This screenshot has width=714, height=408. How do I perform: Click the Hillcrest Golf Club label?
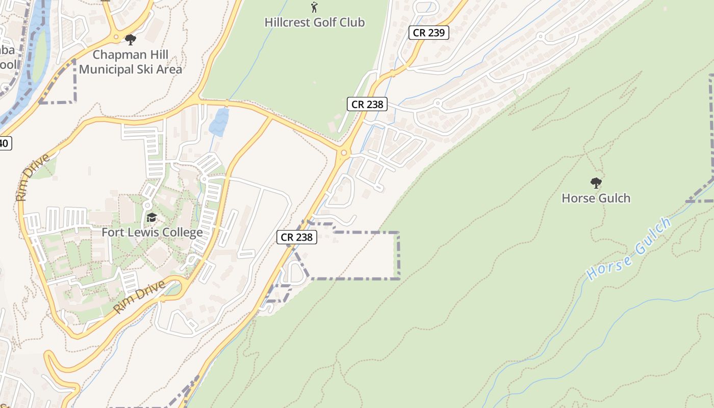[x=315, y=22]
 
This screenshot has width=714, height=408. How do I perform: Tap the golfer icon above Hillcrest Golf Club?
[x=314, y=7]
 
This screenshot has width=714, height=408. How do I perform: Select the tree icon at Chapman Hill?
[x=131, y=39]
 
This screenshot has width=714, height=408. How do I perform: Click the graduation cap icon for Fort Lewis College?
[x=151, y=218]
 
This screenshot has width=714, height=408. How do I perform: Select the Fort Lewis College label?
[x=152, y=233]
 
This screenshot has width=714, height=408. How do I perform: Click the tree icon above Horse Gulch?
[x=596, y=183]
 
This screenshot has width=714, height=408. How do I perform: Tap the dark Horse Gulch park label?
[x=596, y=198]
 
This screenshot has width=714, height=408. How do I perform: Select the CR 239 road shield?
[x=429, y=33]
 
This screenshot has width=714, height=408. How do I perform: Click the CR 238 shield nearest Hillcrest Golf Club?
[x=367, y=104]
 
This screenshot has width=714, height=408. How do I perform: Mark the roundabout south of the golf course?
[x=344, y=152]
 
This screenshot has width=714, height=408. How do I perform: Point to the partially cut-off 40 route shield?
[x=4, y=143]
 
